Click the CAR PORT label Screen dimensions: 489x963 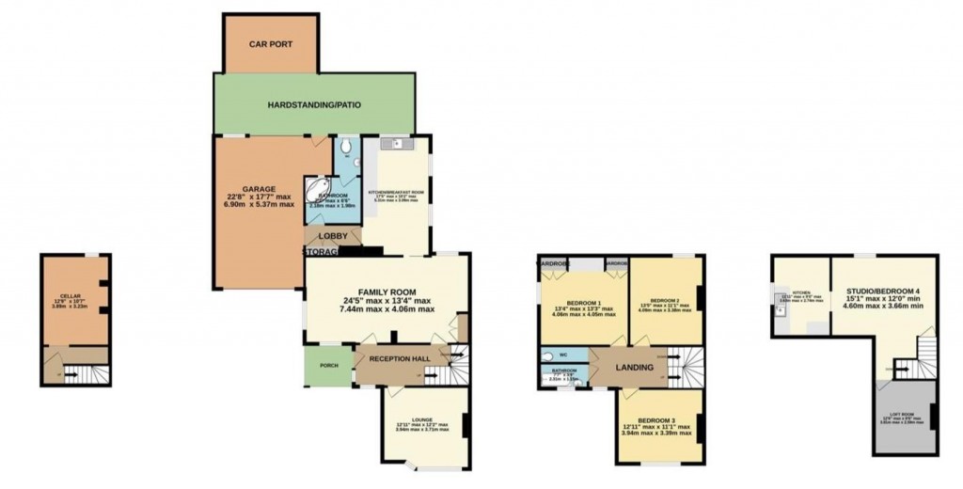coord(272,43)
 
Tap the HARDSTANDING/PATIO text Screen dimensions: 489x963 coord(314,104)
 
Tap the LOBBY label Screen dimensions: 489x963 coord(333,236)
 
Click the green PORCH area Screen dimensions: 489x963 coord(328,365)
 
